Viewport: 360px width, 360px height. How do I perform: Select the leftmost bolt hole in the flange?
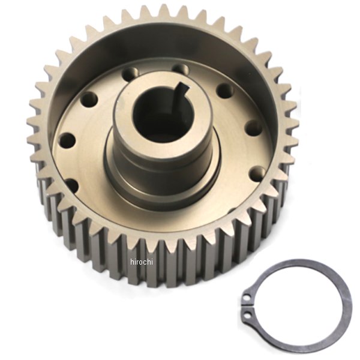[x=67, y=140]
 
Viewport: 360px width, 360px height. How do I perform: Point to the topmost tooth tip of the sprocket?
[x=163, y=8]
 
